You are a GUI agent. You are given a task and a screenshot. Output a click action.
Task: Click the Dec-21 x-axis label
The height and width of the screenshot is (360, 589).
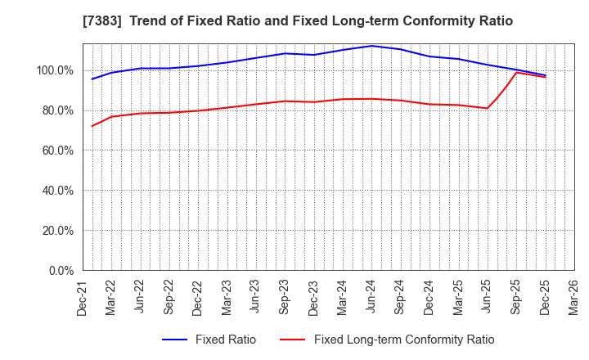point(83,297)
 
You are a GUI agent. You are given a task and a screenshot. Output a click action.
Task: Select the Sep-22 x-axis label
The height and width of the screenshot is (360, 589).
point(169,297)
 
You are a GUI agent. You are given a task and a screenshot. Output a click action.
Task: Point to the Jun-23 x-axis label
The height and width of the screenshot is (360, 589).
point(255,297)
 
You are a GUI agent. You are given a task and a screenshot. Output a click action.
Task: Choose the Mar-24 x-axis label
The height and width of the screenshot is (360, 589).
point(342,297)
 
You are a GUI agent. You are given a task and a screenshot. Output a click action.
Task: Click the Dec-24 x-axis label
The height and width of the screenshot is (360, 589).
point(429,297)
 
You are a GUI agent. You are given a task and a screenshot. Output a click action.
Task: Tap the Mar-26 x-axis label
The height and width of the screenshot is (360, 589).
point(573,297)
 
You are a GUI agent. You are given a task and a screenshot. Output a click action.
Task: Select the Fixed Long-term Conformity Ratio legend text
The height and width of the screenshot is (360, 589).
point(404,340)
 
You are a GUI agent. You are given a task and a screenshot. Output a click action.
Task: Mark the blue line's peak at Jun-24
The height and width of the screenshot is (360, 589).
point(371,46)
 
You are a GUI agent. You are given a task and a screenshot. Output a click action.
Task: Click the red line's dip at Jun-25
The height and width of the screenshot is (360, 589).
point(487,108)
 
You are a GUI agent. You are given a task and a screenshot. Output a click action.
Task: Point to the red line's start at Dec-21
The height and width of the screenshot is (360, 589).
point(92,126)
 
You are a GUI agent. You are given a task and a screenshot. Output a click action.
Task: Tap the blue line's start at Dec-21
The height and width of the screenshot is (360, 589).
point(92,79)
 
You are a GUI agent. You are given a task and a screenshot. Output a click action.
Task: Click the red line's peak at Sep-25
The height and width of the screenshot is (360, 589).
point(516,72)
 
